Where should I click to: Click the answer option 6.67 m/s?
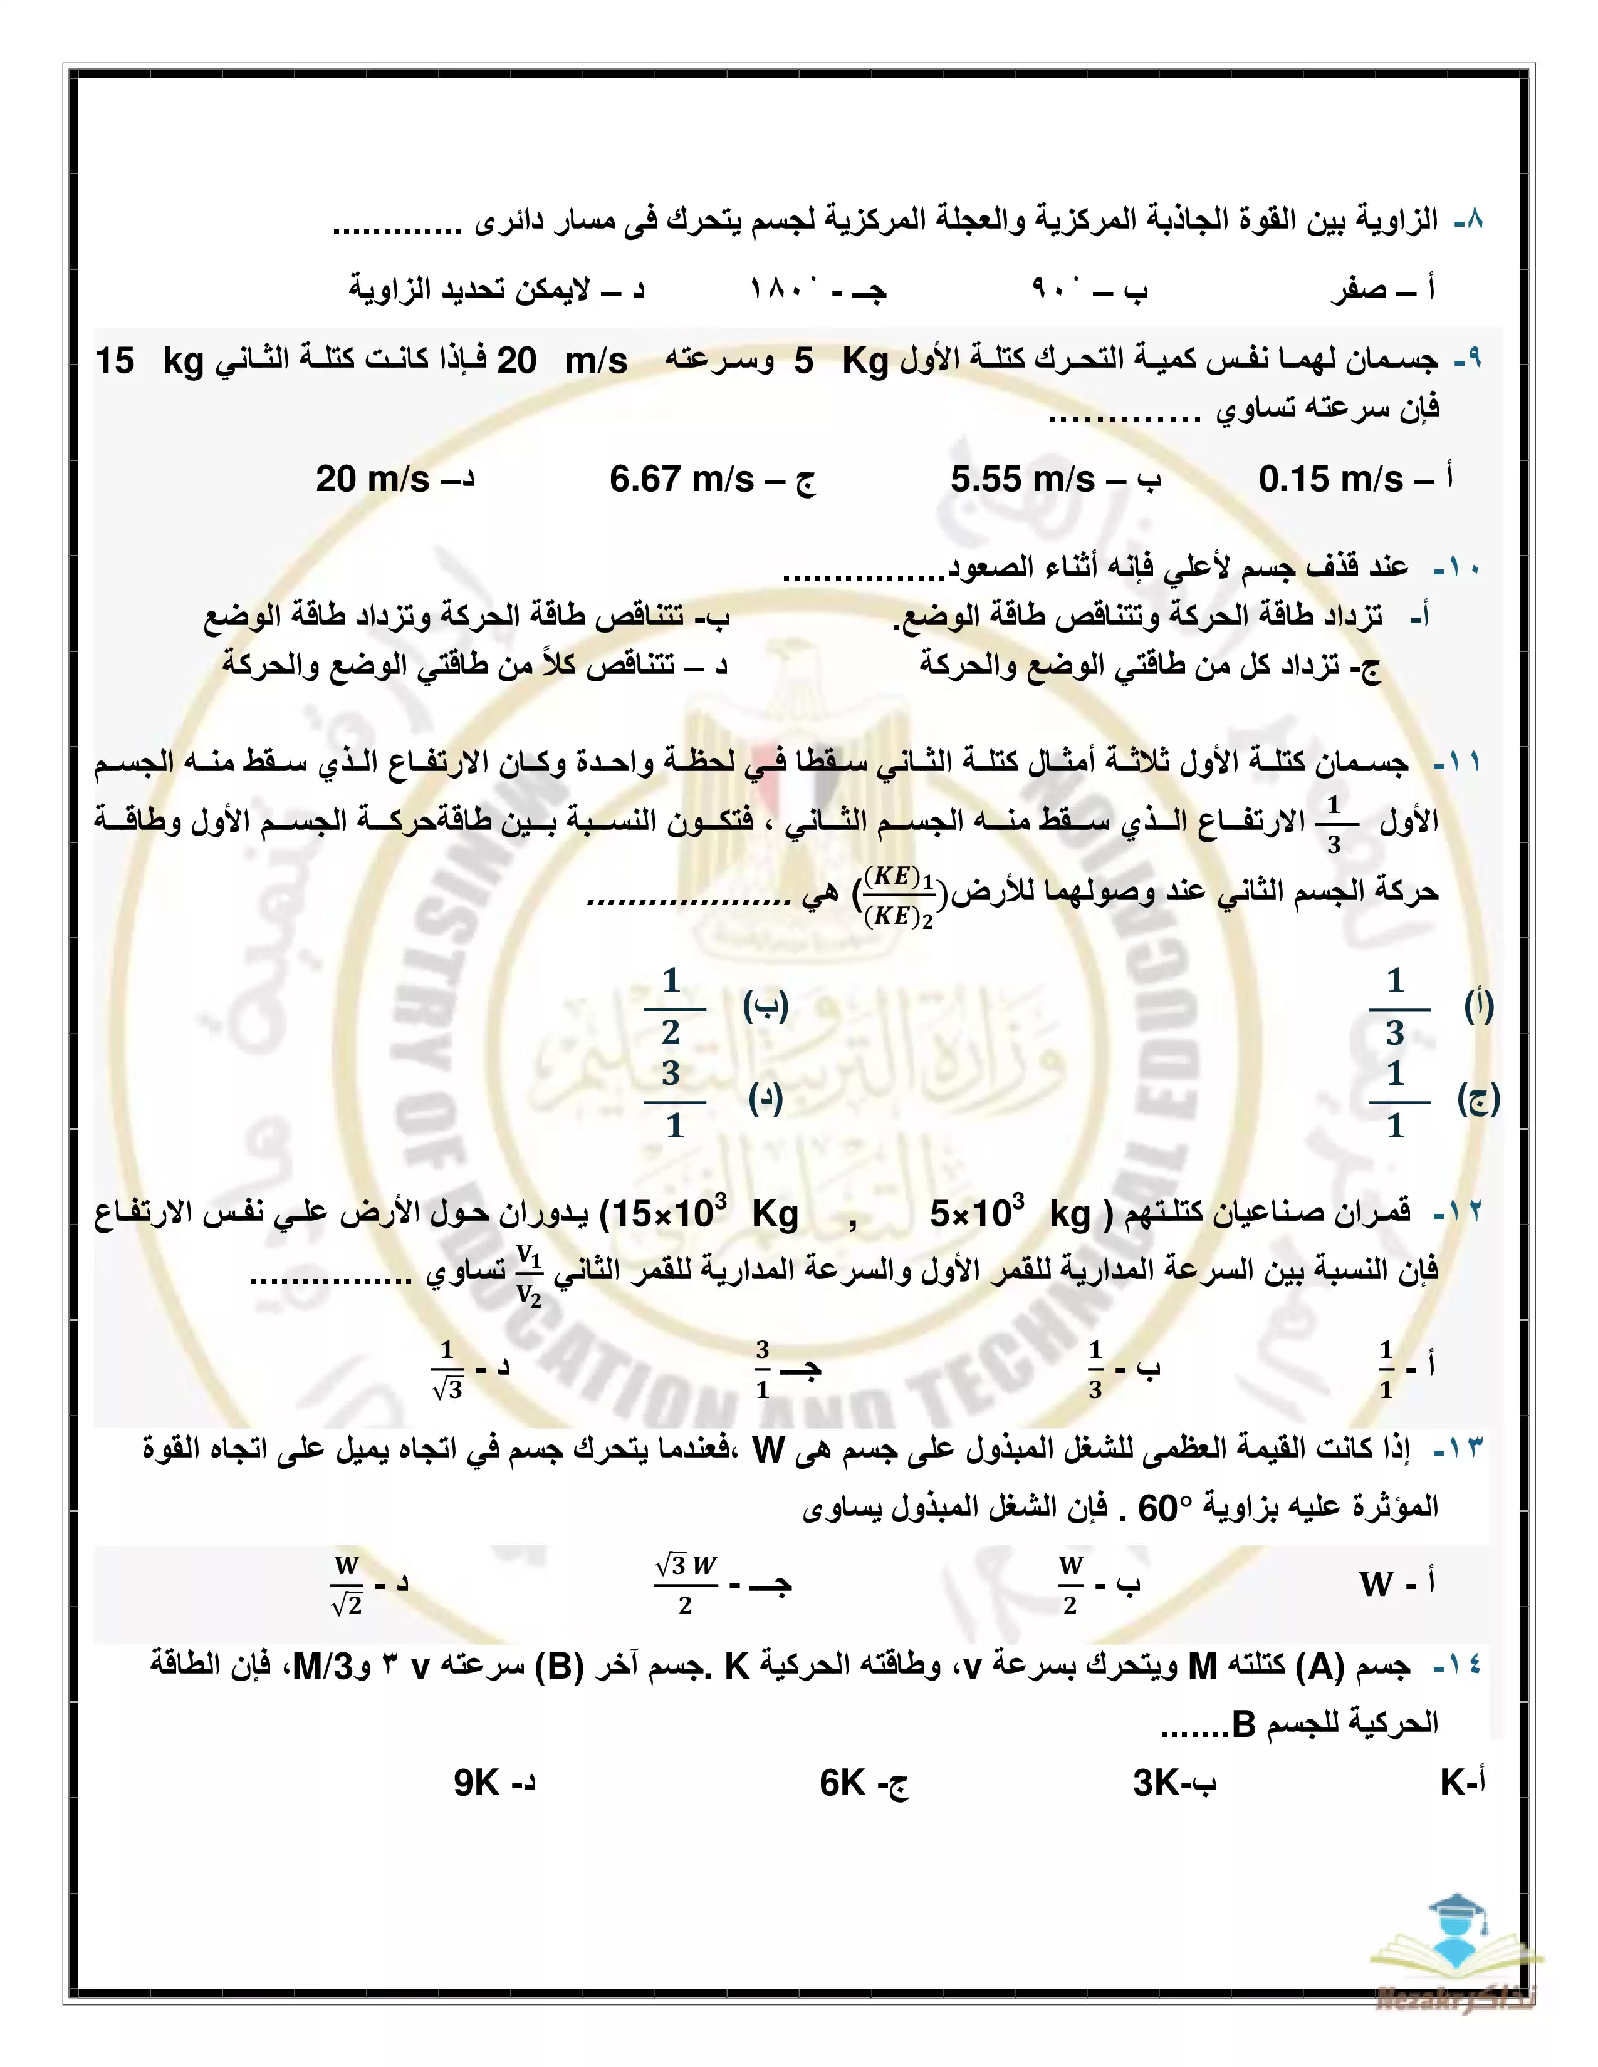click(x=682, y=479)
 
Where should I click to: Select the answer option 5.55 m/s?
click(x=1023, y=479)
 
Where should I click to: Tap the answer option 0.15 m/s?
click(x=1330, y=479)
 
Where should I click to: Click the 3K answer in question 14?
click(x=1156, y=1783)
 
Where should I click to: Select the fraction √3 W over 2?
click(x=686, y=1584)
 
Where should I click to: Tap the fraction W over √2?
click(x=347, y=1584)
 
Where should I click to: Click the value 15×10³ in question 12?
click(x=669, y=1213)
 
